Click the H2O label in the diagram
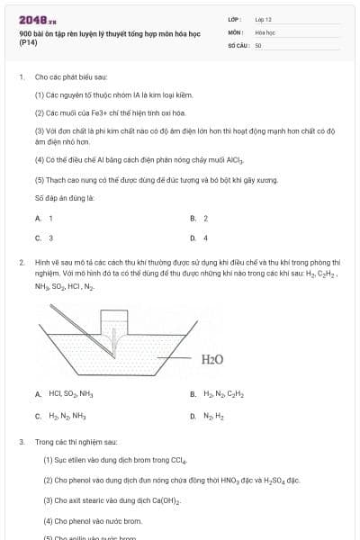click(212, 359)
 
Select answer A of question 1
click(44, 218)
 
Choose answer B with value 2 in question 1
click(199, 218)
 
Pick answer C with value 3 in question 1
click(44, 238)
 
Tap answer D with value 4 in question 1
click(199, 238)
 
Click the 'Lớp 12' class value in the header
click(263, 19)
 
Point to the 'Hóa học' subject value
click(265, 31)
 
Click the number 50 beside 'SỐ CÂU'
click(258, 44)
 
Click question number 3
click(22, 442)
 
